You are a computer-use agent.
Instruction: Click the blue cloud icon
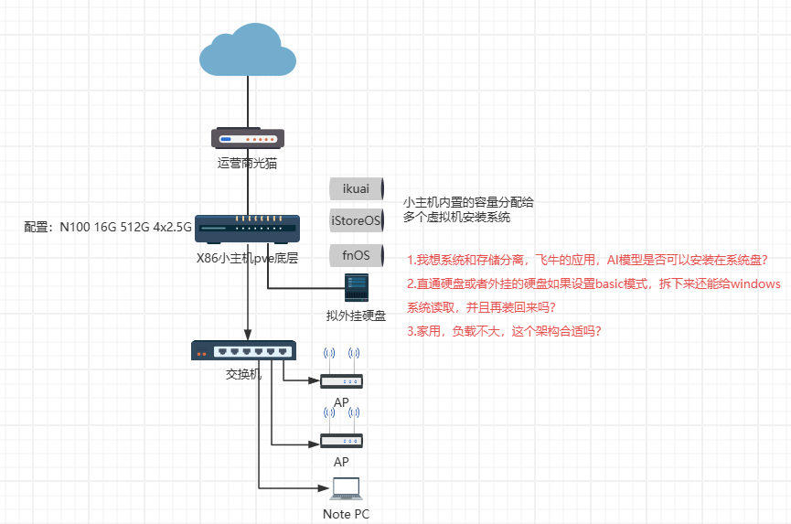pyautogui.click(x=248, y=51)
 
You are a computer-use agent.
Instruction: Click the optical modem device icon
pyautogui.click(x=248, y=138)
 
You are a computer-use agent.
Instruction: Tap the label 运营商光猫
pyautogui.click(x=247, y=164)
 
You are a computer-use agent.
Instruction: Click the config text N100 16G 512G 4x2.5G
pyautogui.click(x=108, y=226)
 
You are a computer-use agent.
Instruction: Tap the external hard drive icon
pyautogui.click(x=356, y=288)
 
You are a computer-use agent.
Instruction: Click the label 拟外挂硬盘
pyautogui.click(x=356, y=316)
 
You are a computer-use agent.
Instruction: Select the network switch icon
pyautogui.click(x=243, y=350)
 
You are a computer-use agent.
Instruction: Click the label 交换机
pyautogui.click(x=243, y=375)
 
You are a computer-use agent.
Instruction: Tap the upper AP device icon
pyautogui.click(x=341, y=380)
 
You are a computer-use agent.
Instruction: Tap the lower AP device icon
pyautogui.click(x=341, y=440)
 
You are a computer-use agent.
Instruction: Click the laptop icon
pyautogui.click(x=346, y=489)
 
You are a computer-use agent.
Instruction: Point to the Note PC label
pyautogui.click(x=346, y=514)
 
